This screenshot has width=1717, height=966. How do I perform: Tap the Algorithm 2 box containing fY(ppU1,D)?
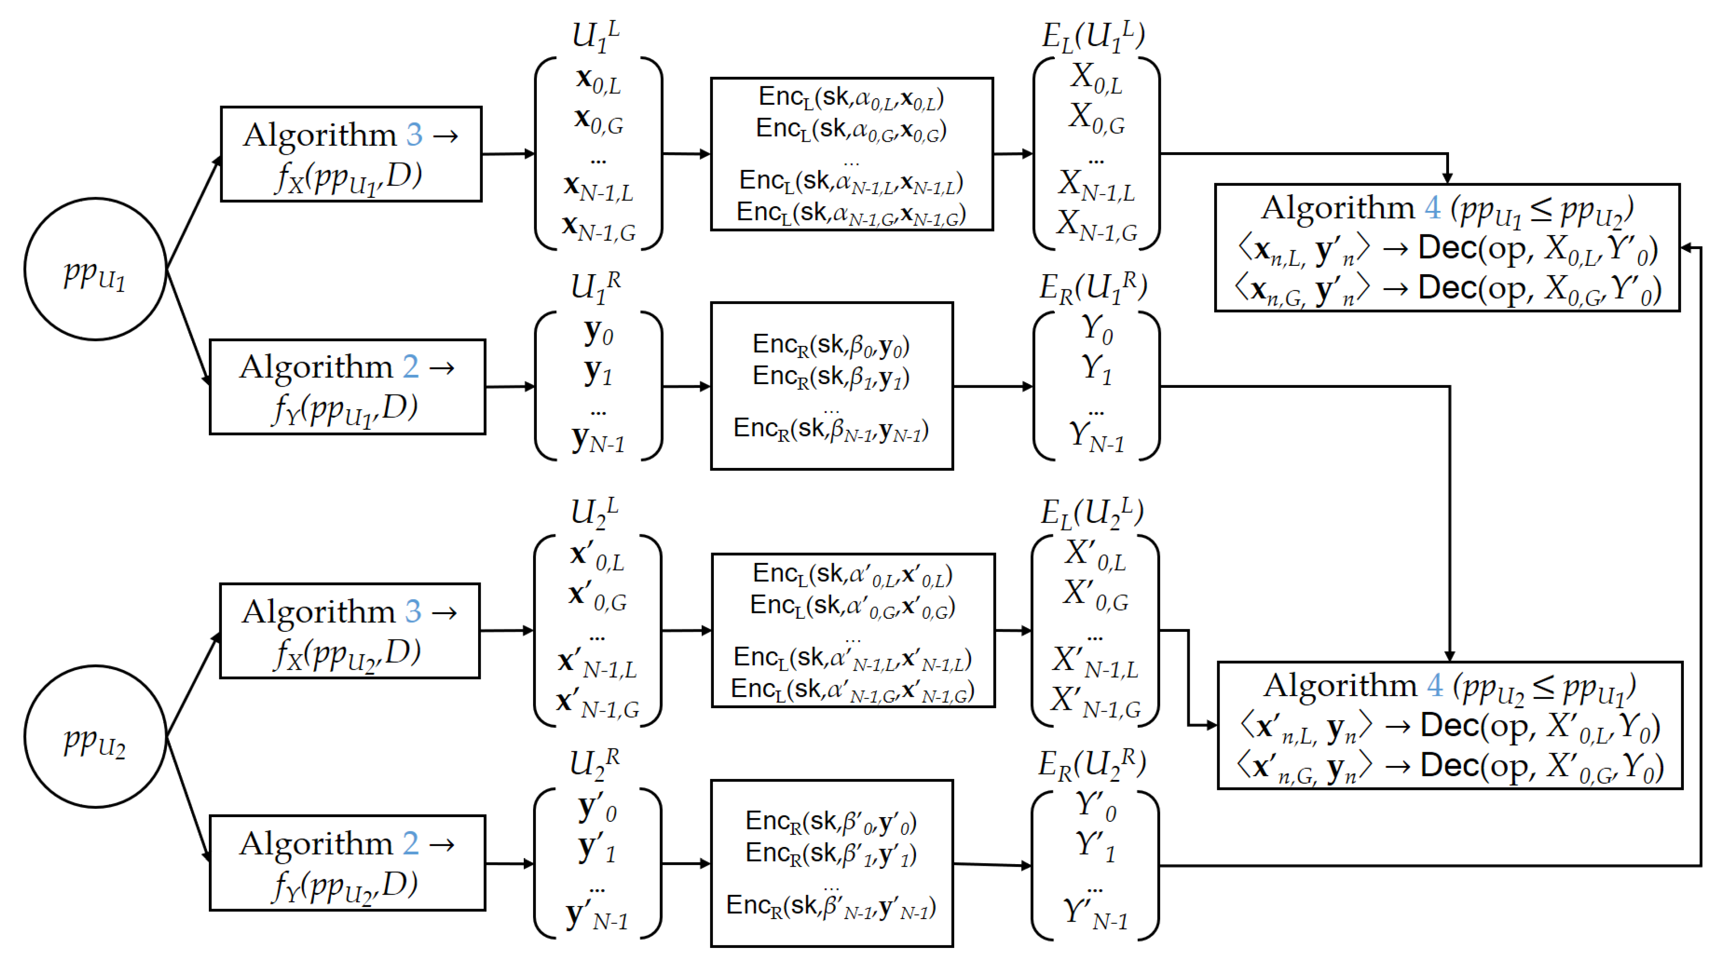pos(347,387)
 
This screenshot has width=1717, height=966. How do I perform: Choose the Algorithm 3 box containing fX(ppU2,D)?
pos(350,631)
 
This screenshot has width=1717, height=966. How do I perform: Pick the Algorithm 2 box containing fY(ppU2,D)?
pos(347,863)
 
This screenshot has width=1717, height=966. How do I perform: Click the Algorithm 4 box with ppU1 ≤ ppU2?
pos(1446,248)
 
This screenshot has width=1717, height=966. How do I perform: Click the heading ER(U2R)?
pos(1092,763)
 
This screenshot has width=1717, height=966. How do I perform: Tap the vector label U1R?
pos(595,288)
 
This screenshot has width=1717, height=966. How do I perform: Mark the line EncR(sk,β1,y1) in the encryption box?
pos(830,377)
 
